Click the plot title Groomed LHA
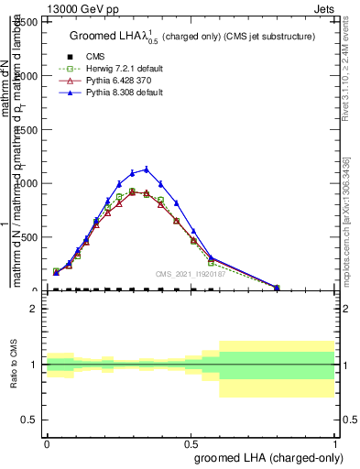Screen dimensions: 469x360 pos(192,36)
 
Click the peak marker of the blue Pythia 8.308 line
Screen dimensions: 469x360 pos(146,169)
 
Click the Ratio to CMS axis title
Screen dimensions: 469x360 pos(15,364)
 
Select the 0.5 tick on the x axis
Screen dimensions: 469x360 pos(191,442)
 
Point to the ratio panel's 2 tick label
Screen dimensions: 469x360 pos(36,309)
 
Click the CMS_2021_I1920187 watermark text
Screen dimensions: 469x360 pos(188,272)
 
